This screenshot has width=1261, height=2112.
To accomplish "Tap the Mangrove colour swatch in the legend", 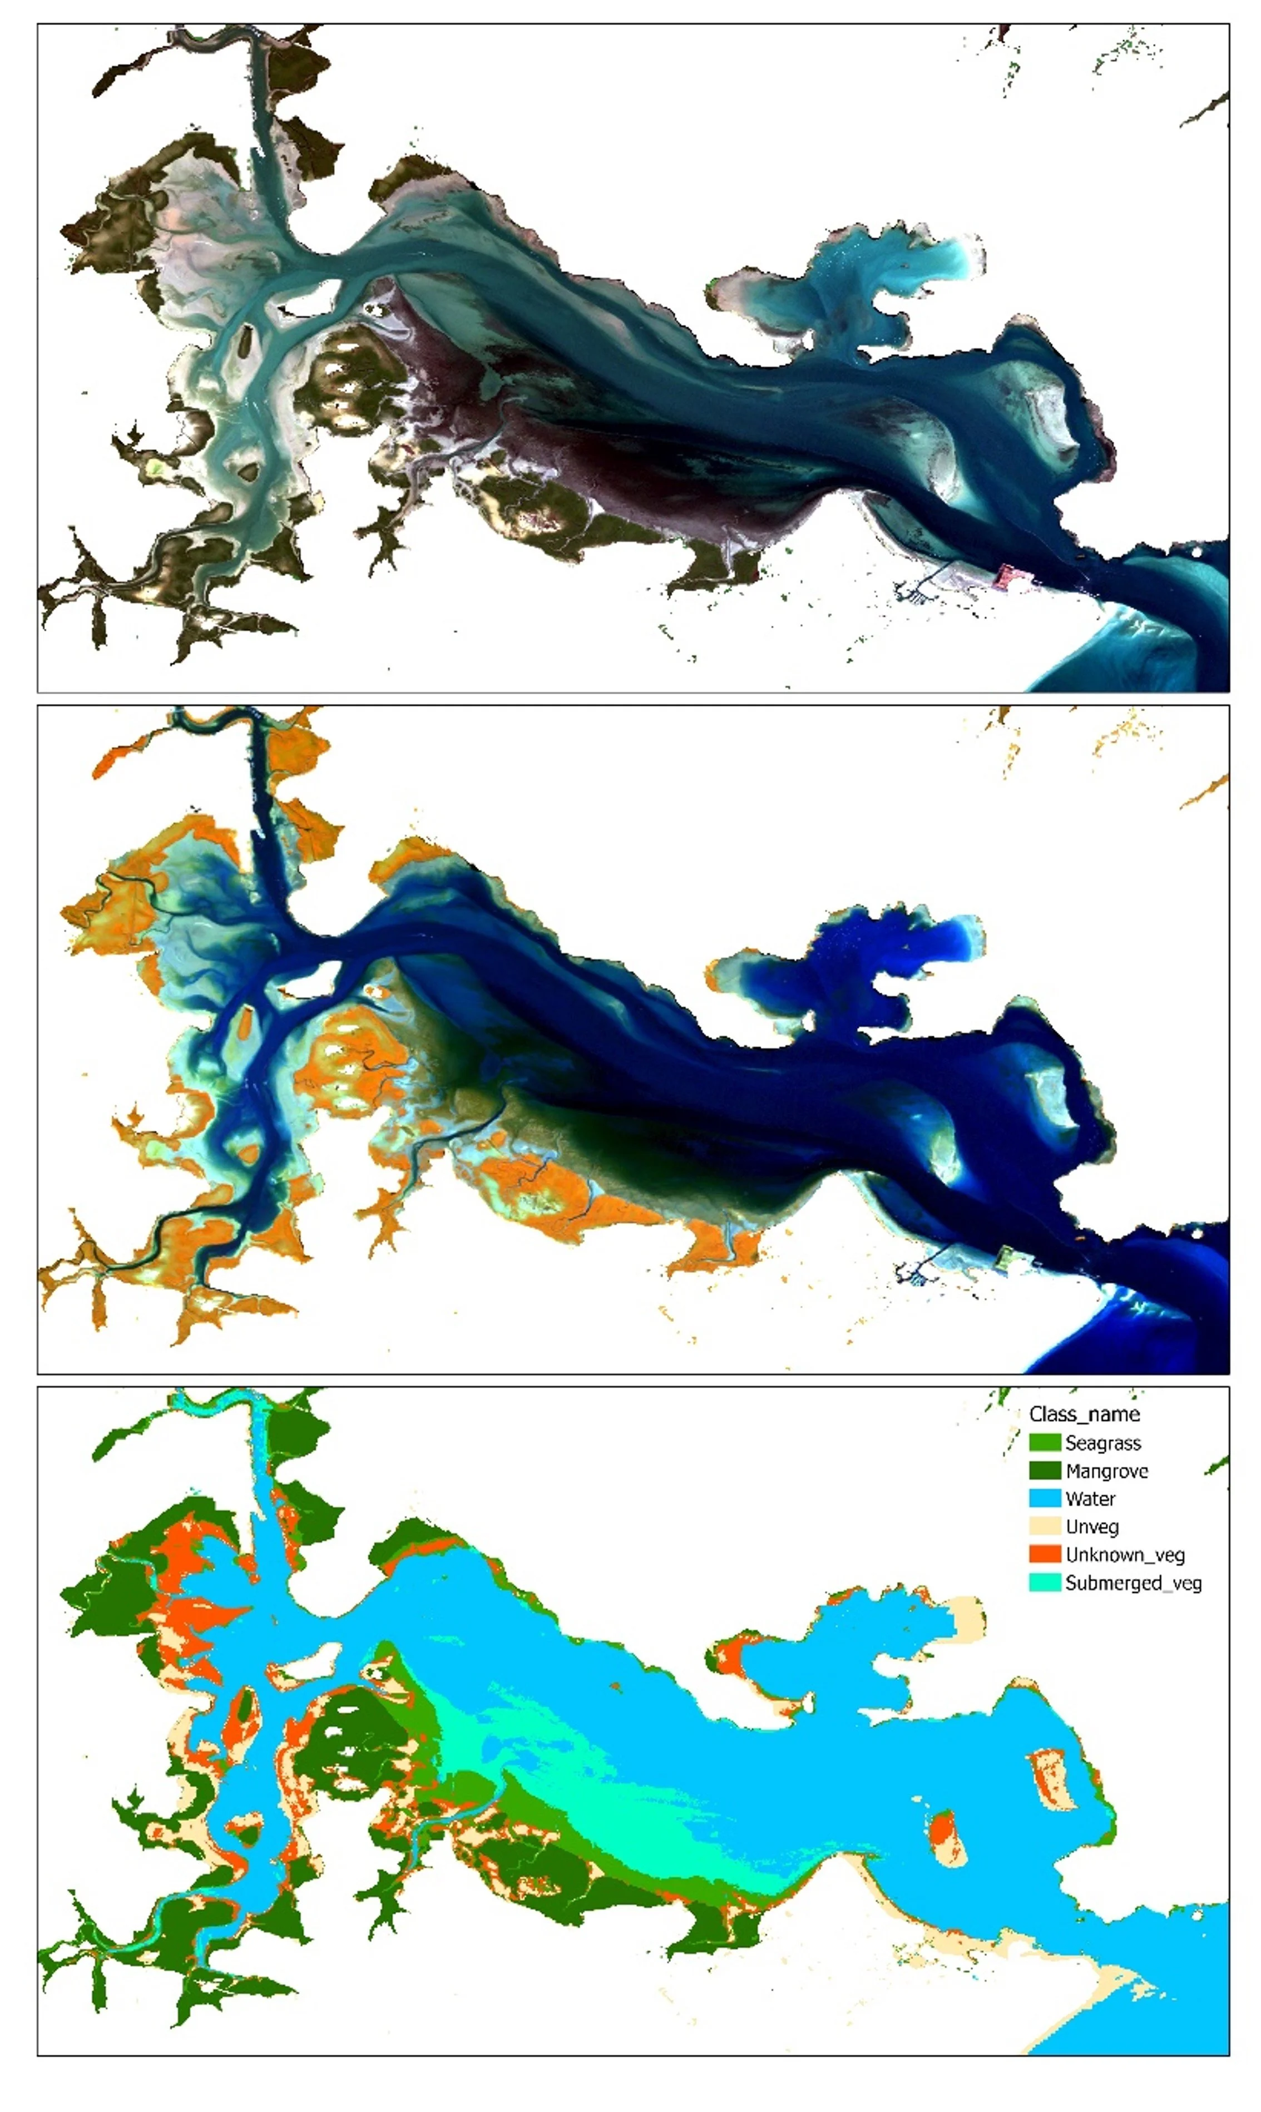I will click(x=1044, y=1471).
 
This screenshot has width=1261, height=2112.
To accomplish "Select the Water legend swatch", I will click(x=1044, y=1498).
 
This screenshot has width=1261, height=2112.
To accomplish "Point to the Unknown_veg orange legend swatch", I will click(x=1044, y=1555).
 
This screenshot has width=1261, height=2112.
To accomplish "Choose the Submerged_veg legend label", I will click(x=1133, y=1582).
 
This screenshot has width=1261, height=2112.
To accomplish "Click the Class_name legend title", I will click(x=1084, y=1414).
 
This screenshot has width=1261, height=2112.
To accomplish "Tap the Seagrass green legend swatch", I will click(x=1044, y=1442).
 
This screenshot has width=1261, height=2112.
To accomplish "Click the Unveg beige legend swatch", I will click(x=1044, y=1527).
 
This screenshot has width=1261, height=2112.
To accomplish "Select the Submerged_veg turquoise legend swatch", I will click(x=1044, y=1582).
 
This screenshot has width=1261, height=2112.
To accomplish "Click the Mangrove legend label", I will click(x=1106, y=1471).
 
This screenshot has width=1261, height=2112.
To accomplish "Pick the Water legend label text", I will click(x=1090, y=1498).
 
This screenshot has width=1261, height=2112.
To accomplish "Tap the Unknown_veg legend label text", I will click(x=1124, y=1555).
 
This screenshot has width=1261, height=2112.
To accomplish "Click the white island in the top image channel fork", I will click(x=310, y=298).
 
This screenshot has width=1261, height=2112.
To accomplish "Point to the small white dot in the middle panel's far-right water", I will click(x=1197, y=1233).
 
